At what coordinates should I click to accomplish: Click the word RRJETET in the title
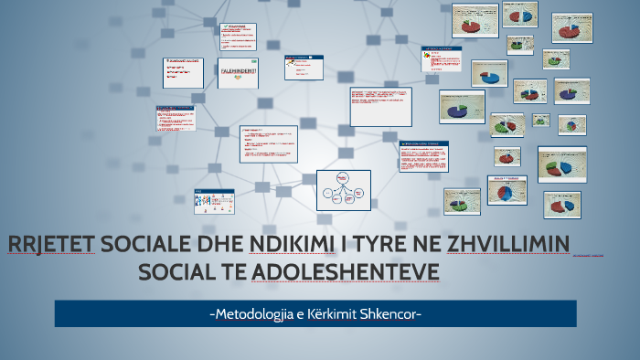pyautogui.click(x=51, y=246)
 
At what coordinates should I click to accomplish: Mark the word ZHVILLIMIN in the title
pyautogui.click(x=507, y=246)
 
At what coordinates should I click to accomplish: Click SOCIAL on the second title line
pyautogui.click(x=172, y=272)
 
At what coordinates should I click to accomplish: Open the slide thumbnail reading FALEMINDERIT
pyautogui.click(x=238, y=73)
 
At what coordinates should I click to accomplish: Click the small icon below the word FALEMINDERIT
pyautogui.click(x=238, y=79)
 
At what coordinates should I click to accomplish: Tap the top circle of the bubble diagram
pyautogui.click(x=343, y=176)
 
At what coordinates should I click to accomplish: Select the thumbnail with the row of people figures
pyautogui.click(x=214, y=200)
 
